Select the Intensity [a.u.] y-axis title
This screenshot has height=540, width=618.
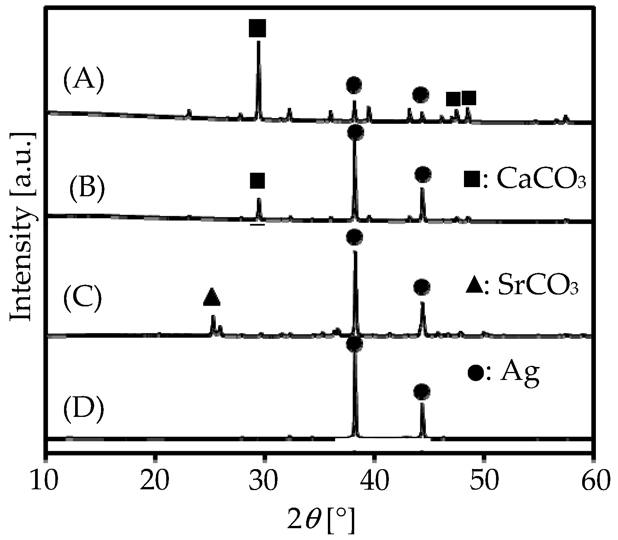point(22,227)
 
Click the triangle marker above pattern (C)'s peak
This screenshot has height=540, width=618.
point(212,297)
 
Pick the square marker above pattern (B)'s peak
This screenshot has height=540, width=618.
point(257,180)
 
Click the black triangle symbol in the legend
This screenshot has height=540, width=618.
point(474,286)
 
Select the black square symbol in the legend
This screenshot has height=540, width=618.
point(472,179)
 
